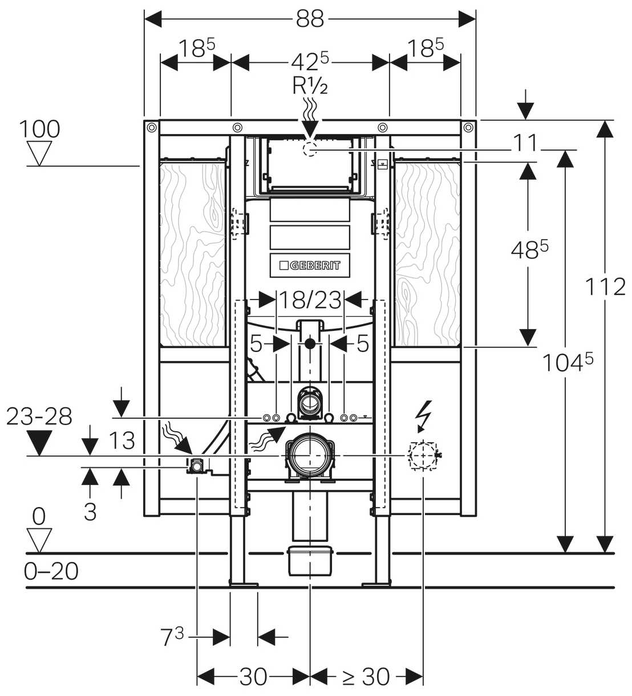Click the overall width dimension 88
[x=310, y=19]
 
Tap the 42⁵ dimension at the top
[x=310, y=62]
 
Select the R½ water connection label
[x=310, y=86]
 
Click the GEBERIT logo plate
[x=310, y=265]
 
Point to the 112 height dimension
[x=605, y=286]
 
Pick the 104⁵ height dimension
[x=568, y=362]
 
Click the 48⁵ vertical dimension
[x=530, y=250]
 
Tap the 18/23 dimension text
[x=310, y=300]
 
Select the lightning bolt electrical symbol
[x=425, y=416]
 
